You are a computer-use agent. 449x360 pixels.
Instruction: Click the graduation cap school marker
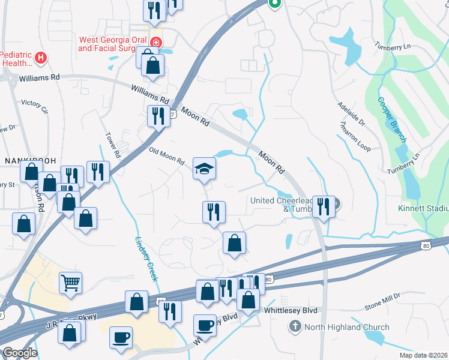click(204, 170)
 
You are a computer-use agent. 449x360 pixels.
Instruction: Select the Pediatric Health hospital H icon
click(41, 58)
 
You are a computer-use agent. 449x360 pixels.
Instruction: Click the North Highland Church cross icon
click(295, 327)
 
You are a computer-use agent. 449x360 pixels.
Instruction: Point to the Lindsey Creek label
click(145, 258)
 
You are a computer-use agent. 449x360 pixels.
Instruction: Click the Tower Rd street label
click(113, 146)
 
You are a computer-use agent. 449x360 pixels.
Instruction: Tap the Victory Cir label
click(34, 106)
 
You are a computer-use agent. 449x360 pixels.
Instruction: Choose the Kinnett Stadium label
click(423, 209)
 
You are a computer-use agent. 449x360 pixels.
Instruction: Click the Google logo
click(20, 353)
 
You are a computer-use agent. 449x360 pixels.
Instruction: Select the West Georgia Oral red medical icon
click(156, 42)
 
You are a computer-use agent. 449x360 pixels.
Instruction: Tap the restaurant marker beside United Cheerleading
click(324, 207)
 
